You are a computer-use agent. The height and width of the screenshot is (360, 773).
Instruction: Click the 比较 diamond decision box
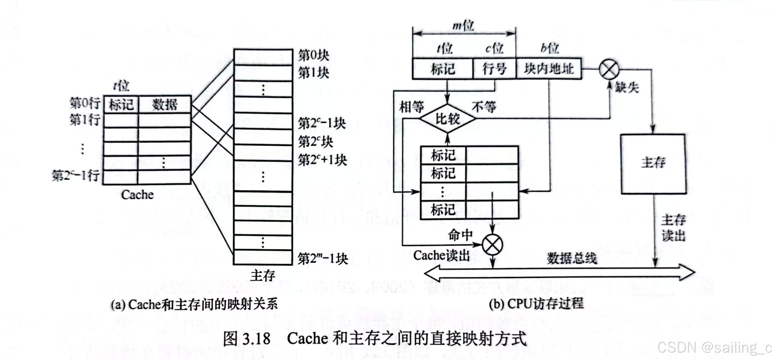click(x=447, y=119)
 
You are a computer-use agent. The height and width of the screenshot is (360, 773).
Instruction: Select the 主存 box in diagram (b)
click(x=653, y=164)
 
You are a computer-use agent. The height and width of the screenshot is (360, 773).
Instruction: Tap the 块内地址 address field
click(x=549, y=69)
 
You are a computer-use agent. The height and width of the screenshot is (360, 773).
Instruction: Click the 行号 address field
click(x=494, y=69)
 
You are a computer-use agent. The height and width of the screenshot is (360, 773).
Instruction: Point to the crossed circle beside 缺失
click(x=609, y=69)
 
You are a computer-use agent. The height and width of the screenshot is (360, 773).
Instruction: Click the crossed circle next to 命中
click(x=492, y=245)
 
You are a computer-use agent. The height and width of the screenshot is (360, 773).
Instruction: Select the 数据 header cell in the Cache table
click(x=164, y=104)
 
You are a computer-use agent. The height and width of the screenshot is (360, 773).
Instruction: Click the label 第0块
click(x=313, y=55)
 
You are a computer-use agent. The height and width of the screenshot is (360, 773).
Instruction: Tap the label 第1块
click(x=313, y=73)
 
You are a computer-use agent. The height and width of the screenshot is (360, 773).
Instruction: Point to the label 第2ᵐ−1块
click(x=323, y=259)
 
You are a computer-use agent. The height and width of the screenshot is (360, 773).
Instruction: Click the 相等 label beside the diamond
click(x=411, y=107)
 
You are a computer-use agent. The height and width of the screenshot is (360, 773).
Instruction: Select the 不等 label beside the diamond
click(x=484, y=107)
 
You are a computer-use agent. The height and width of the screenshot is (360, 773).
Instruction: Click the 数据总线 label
click(x=572, y=258)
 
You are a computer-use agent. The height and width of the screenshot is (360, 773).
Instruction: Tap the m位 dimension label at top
click(x=463, y=26)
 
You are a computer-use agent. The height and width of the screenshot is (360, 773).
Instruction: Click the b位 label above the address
click(x=549, y=48)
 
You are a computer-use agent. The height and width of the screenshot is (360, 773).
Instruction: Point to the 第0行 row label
click(x=85, y=103)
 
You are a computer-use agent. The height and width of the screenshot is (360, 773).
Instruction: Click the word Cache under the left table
click(x=137, y=195)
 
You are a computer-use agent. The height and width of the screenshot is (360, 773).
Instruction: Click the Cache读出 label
click(x=441, y=256)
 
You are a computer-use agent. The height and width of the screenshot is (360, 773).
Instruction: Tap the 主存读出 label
click(x=673, y=228)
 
